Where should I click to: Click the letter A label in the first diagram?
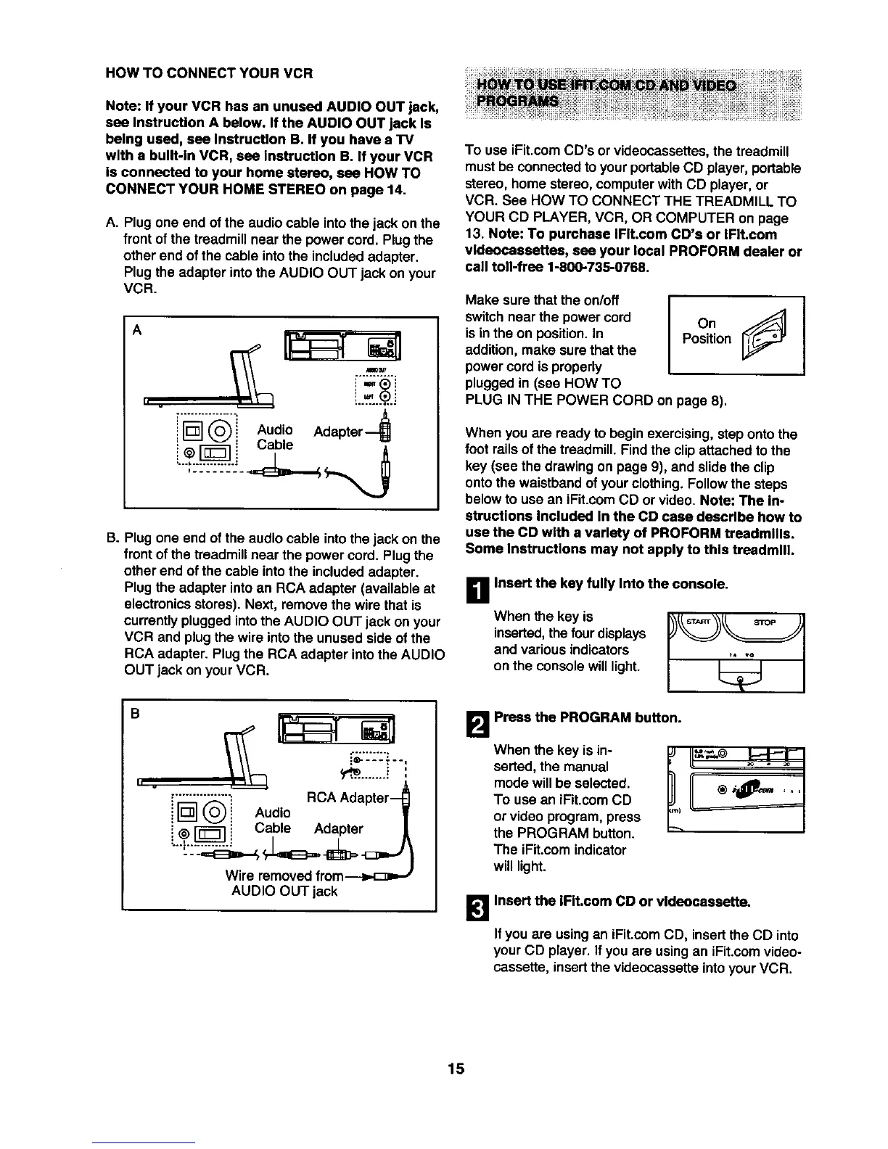(x=135, y=327)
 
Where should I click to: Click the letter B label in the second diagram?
(x=134, y=712)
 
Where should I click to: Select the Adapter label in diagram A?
(x=337, y=432)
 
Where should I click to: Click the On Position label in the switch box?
(x=706, y=331)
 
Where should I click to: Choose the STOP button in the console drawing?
(x=764, y=622)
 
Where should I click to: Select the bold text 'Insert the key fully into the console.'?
(x=611, y=583)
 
